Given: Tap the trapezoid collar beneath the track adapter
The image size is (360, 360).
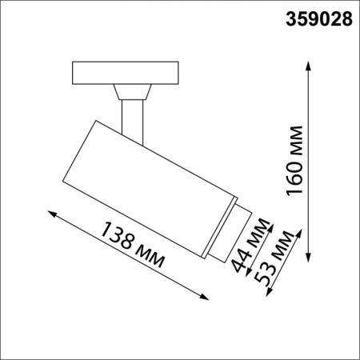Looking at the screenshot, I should pyautogui.click(x=131, y=91).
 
